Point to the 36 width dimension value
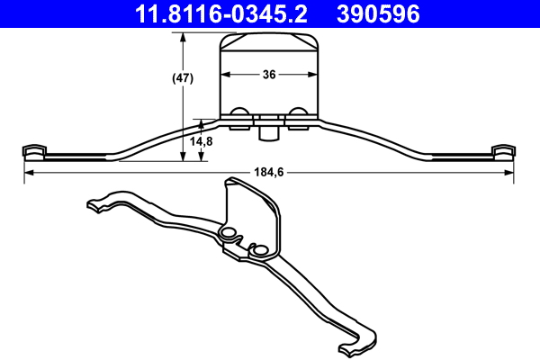(x=269, y=76)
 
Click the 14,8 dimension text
(x=202, y=141)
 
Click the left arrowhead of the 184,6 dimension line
(x=28, y=172)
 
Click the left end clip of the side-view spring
(x=33, y=150)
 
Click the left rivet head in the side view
(x=240, y=113)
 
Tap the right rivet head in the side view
(x=298, y=113)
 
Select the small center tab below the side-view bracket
(x=268, y=132)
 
